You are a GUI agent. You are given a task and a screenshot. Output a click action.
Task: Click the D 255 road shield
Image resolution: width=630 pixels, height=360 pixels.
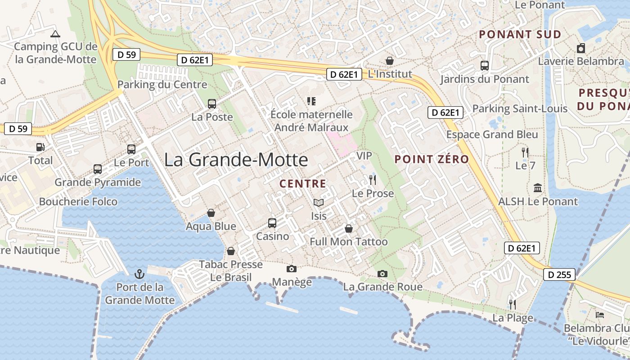(559, 274)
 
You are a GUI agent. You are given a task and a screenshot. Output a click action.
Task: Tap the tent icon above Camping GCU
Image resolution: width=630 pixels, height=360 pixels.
(55, 34)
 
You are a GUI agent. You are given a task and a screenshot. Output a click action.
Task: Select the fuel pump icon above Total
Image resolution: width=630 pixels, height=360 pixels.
(40, 147)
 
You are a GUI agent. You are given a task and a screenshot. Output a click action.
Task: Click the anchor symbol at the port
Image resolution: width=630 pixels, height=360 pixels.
(139, 274)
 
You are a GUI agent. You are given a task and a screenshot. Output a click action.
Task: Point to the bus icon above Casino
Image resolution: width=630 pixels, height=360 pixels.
(272, 223)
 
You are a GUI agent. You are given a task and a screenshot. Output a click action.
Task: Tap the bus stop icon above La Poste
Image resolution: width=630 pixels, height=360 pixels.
(212, 104)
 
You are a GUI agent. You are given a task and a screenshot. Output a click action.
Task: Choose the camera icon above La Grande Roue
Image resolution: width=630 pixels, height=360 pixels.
(382, 274)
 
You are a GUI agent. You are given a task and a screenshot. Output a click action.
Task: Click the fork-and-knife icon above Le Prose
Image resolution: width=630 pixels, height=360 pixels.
(372, 180)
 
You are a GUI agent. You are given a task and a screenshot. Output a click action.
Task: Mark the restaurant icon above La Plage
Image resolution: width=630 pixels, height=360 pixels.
(512, 305)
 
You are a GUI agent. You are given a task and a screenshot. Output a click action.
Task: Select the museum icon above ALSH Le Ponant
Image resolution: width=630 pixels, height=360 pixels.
(537, 188)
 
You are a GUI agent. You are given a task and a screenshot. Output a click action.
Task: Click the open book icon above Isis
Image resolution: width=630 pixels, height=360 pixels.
(319, 203)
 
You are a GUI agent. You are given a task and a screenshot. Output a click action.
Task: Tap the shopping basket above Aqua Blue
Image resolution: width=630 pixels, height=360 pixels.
(211, 213)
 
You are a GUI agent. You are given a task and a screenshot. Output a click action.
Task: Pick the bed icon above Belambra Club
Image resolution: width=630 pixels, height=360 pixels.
(600, 315)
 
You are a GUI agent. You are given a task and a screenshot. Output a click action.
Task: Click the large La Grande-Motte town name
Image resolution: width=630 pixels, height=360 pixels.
(236, 160)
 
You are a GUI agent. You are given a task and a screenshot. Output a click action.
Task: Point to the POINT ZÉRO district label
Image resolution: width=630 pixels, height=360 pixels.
(432, 159)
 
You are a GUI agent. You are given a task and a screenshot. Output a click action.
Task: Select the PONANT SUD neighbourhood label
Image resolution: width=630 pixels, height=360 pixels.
(520, 35)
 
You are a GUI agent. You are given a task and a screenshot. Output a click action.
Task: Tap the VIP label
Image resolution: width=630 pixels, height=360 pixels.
(364, 156)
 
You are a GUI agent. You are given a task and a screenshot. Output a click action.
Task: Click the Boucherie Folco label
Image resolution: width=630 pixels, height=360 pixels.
(78, 202)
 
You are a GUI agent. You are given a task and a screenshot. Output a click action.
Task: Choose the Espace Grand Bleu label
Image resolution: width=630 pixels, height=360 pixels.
(492, 135)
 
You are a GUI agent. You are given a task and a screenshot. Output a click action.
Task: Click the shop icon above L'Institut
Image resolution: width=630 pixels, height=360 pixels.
(390, 61)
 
